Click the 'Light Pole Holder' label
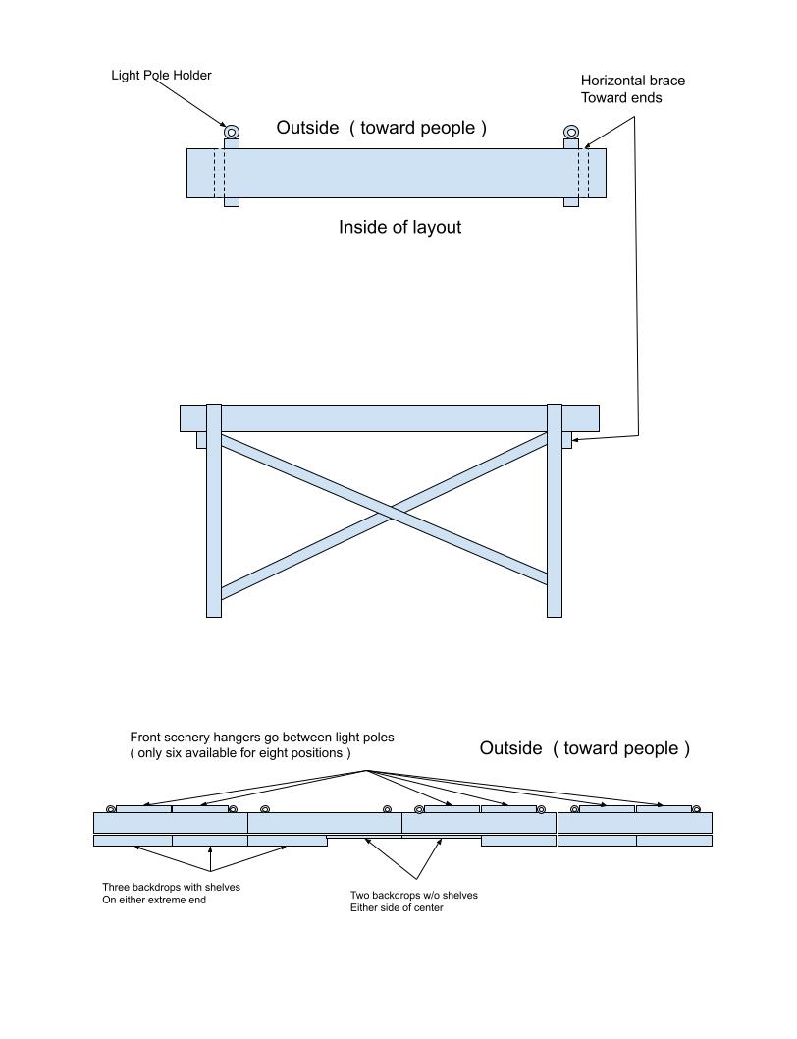click(161, 75)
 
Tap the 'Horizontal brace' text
click(632, 81)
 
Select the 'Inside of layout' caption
click(399, 228)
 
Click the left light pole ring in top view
click(232, 132)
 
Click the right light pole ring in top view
click(571, 132)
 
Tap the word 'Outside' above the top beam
click(307, 128)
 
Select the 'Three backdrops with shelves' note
click(171, 887)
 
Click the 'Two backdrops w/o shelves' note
click(413, 895)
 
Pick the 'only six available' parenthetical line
click(240, 753)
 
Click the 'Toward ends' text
click(621, 98)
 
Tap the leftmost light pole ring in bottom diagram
click(110, 808)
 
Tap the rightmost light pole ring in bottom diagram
click(696, 809)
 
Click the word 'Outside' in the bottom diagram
click(510, 749)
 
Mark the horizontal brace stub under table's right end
click(566, 440)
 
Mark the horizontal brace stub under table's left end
click(201, 440)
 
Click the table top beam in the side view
click(389, 417)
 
